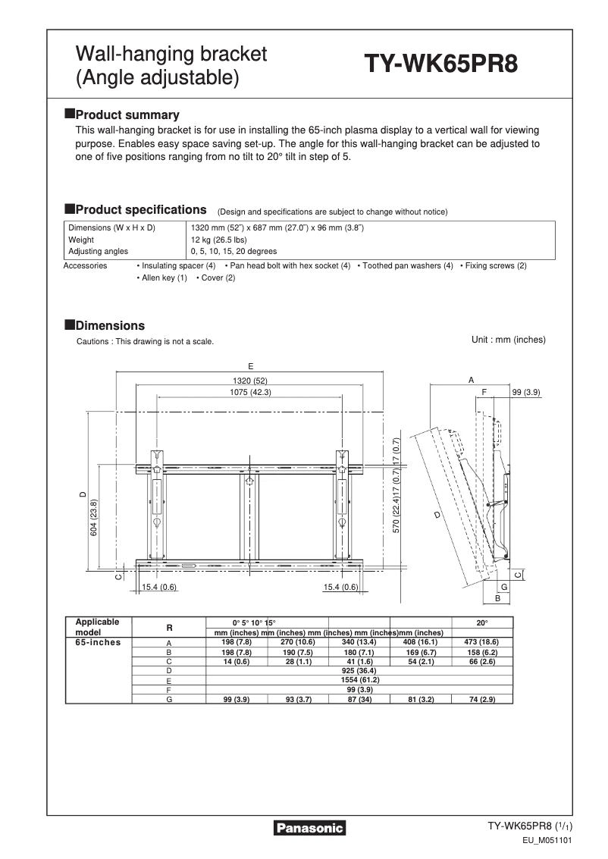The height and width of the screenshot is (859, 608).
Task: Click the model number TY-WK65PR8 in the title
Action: [442, 65]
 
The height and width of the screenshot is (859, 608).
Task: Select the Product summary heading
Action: [127, 115]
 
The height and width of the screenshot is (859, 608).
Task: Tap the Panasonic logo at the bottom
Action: [309, 828]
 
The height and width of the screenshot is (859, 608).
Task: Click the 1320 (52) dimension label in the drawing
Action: [250, 381]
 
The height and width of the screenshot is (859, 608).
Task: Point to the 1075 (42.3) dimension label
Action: [250, 392]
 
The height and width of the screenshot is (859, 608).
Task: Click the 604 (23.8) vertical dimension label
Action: [94, 518]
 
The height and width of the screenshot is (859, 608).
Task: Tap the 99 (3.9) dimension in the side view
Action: [525, 392]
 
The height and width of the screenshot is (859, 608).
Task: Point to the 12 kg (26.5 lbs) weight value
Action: [218, 240]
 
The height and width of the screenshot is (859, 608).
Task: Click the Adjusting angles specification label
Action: [99, 251]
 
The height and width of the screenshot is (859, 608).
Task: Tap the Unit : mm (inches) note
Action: [508, 340]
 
